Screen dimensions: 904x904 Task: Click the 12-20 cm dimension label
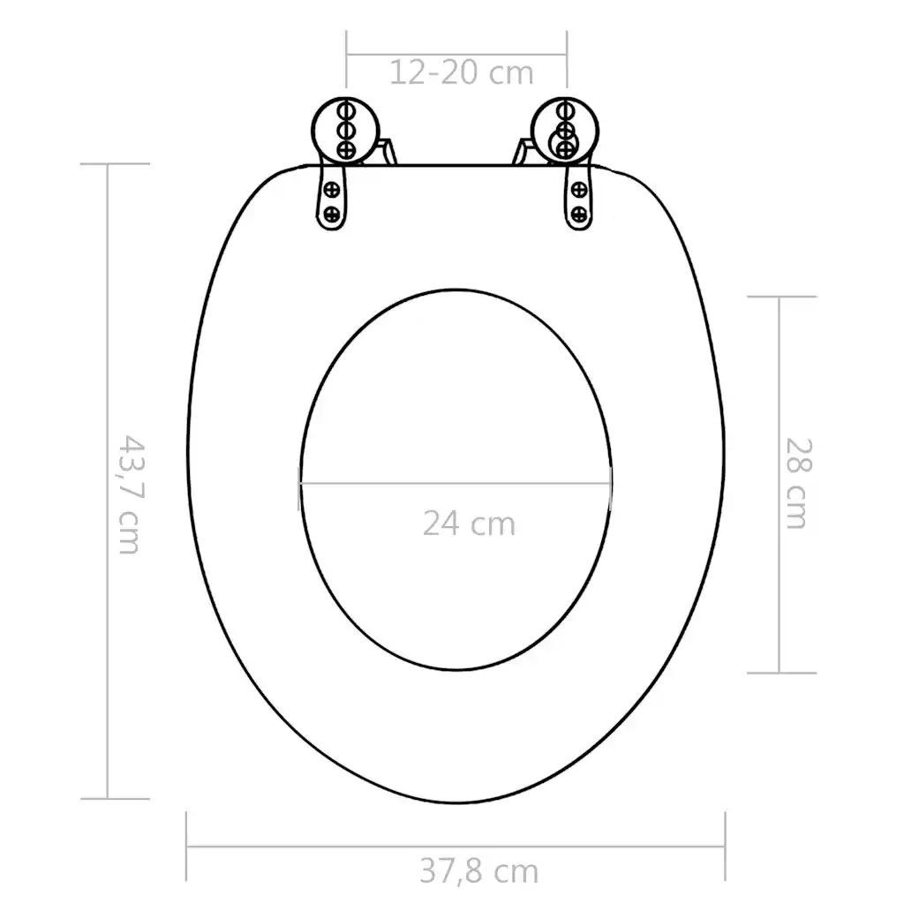(461, 72)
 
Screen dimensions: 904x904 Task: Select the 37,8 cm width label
(478, 871)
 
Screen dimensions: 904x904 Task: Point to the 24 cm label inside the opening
(468, 523)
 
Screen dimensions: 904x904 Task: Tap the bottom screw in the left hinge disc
(345, 147)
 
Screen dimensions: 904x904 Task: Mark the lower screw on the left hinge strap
(332, 213)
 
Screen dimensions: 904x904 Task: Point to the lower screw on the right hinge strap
(578, 213)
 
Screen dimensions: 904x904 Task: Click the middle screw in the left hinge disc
(345, 130)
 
